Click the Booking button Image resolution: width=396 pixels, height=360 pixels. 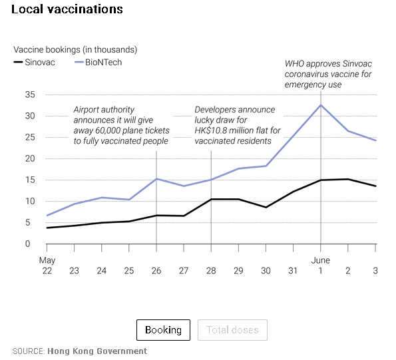[163, 329]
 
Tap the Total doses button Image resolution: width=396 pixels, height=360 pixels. [232, 329]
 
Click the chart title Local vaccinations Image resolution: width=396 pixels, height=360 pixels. [67, 9]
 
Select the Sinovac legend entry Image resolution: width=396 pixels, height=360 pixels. [34, 62]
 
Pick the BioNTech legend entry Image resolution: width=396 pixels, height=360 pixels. [99, 62]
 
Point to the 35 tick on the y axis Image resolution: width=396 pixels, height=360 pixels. [30, 94]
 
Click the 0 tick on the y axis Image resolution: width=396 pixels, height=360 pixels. [27, 244]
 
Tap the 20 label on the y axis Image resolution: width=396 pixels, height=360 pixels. [30, 158]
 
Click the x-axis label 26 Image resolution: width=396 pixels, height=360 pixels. [156, 271]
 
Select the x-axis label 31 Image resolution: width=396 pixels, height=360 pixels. [293, 271]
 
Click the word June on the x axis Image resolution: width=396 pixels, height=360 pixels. [321, 260]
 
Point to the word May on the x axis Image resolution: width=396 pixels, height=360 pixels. [47, 261]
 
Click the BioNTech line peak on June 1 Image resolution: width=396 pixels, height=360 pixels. [321, 104]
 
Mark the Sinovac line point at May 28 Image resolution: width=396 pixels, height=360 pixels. [211, 199]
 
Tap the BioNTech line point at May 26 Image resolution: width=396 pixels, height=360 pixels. [156, 179]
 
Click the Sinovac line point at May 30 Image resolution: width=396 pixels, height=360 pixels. [266, 207]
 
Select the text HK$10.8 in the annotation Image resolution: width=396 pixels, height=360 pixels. [209, 130]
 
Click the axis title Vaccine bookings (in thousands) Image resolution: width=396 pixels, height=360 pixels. [75, 50]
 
